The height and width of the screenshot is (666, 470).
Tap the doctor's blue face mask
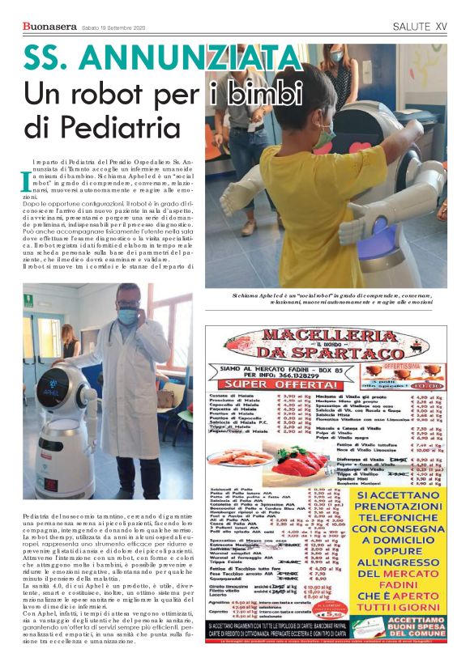click(127, 316)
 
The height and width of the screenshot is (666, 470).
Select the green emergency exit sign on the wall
click(28, 299)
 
